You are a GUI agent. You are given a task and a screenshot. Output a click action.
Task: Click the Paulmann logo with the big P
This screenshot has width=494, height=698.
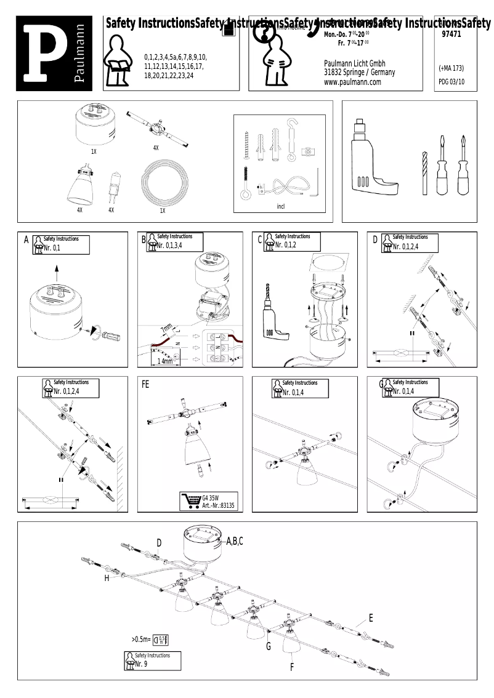[55, 54]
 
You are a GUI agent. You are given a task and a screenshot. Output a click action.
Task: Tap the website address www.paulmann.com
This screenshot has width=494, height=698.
[352, 82]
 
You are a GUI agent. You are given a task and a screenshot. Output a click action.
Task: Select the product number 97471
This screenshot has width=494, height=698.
[451, 35]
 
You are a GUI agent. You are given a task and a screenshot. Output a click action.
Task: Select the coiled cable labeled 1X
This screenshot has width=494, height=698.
[162, 183]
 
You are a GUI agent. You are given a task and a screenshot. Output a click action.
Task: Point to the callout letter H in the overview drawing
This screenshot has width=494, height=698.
[107, 579]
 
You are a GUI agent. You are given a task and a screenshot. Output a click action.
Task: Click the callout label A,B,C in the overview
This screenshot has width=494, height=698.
[235, 541]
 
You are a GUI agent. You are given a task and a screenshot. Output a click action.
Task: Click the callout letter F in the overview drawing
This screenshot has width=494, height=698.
[291, 667]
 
